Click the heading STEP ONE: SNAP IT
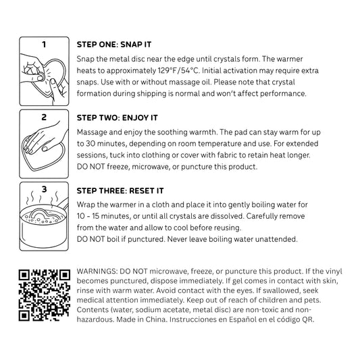point(114,45)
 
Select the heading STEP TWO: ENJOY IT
point(117,118)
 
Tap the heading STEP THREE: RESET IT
point(120,190)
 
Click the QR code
point(45,295)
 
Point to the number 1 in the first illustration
point(44,45)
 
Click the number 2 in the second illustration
point(44,118)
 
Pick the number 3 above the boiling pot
point(44,189)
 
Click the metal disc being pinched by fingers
point(41,76)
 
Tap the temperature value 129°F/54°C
point(178,70)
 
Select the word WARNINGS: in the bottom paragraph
point(97,271)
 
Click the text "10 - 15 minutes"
point(103,216)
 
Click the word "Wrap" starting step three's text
point(86,205)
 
